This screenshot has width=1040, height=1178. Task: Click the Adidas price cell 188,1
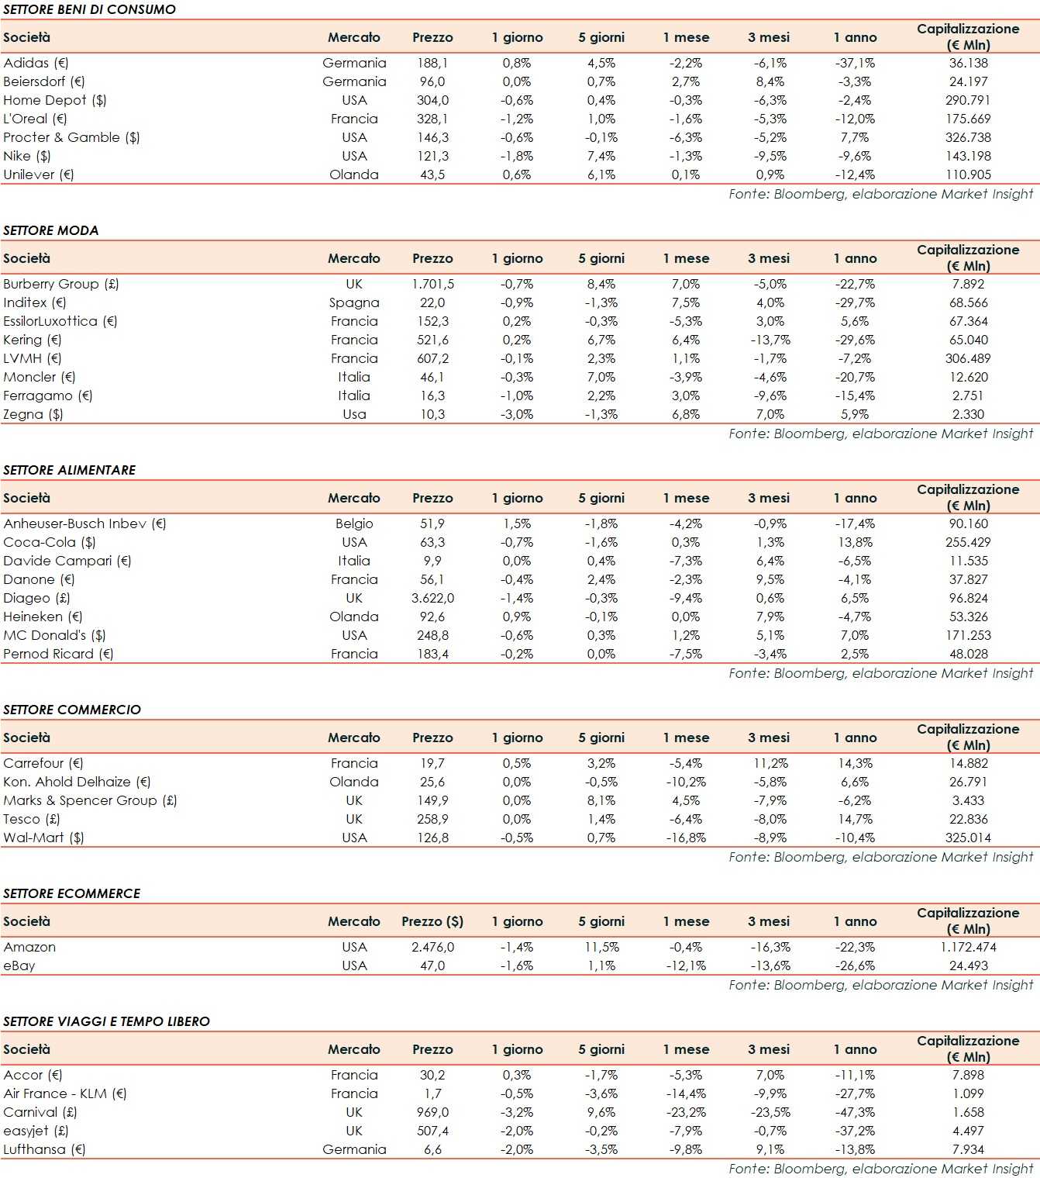432,63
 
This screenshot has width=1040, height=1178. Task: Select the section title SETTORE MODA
51,230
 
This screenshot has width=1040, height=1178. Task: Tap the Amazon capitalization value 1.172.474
968,947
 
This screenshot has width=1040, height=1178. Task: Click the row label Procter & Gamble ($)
71,137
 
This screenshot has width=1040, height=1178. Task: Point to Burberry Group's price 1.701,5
432,284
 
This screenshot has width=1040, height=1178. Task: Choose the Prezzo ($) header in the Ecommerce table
432,921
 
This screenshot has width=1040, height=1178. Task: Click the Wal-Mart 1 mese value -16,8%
686,838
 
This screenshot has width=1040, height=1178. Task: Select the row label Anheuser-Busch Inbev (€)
84,523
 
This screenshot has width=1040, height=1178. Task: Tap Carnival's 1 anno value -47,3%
855,1112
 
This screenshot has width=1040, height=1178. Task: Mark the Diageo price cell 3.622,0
432,598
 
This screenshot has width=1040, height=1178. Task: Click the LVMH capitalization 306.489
968,358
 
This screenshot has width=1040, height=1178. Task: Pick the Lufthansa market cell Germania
354,1149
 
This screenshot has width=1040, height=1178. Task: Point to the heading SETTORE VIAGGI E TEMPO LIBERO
106,1021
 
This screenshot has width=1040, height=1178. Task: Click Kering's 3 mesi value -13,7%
770,340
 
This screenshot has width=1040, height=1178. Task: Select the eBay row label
19,966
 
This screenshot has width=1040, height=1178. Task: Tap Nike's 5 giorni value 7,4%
601,156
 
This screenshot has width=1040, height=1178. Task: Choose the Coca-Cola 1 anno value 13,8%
855,542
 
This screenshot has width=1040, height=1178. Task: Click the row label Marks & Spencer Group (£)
90,800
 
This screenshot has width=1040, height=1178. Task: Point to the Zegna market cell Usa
354,414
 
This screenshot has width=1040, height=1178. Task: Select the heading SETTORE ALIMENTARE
69,470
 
